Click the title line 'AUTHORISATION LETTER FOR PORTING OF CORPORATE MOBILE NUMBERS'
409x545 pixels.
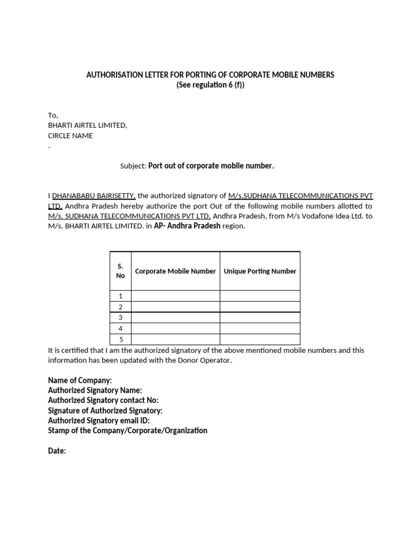210,75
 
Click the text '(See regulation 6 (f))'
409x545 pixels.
210,86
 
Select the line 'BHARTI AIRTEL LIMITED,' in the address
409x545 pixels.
87,126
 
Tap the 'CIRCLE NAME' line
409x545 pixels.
70,136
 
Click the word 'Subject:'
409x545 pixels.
133,166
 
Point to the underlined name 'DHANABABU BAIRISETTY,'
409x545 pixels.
94,196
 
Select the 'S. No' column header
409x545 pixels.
120,271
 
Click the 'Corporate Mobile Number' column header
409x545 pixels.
175,271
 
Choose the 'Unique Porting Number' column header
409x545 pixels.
260,271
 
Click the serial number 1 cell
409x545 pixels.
120,296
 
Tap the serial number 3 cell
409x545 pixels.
120,318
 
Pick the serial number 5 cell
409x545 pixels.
120,339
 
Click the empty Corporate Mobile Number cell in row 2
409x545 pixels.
175,307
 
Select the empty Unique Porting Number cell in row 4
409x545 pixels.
260,328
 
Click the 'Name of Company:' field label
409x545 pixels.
80,381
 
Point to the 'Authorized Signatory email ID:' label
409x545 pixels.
99,420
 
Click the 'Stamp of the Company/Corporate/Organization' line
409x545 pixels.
128,430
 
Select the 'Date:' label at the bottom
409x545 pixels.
57,451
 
